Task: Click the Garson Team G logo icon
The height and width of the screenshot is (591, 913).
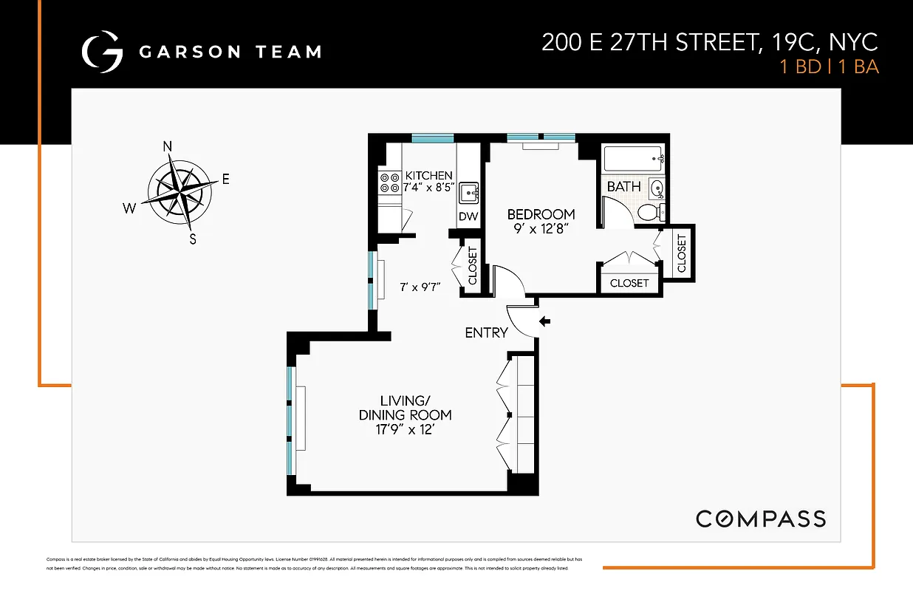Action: coord(101,51)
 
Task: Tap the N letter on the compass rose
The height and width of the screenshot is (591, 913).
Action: coord(168,146)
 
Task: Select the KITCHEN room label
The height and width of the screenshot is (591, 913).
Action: coord(428,176)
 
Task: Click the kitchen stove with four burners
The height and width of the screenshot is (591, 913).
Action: coord(389,183)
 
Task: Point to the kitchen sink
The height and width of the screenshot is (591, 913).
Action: coord(469,194)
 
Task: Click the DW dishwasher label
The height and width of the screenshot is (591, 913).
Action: coord(468,216)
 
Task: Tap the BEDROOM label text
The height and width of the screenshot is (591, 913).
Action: coord(541,214)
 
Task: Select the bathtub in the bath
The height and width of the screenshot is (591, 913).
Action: coord(634,158)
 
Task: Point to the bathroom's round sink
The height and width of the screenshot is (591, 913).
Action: coord(657,189)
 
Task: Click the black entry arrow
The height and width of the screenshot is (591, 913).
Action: coord(545,321)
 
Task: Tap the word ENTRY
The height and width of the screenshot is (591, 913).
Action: coord(486,333)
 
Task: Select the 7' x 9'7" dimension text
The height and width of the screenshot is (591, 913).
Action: coord(420,287)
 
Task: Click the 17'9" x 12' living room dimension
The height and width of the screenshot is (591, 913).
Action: coord(405,429)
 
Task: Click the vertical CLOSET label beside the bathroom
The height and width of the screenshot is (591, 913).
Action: coord(681,252)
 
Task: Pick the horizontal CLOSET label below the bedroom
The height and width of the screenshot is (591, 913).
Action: coord(629,283)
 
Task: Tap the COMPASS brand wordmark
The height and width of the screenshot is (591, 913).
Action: coord(761,519)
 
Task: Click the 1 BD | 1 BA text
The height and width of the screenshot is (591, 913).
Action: coord(830,66)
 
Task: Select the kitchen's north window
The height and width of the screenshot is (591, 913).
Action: coord(432,137)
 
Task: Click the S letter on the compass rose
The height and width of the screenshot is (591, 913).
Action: coord(193,238)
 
